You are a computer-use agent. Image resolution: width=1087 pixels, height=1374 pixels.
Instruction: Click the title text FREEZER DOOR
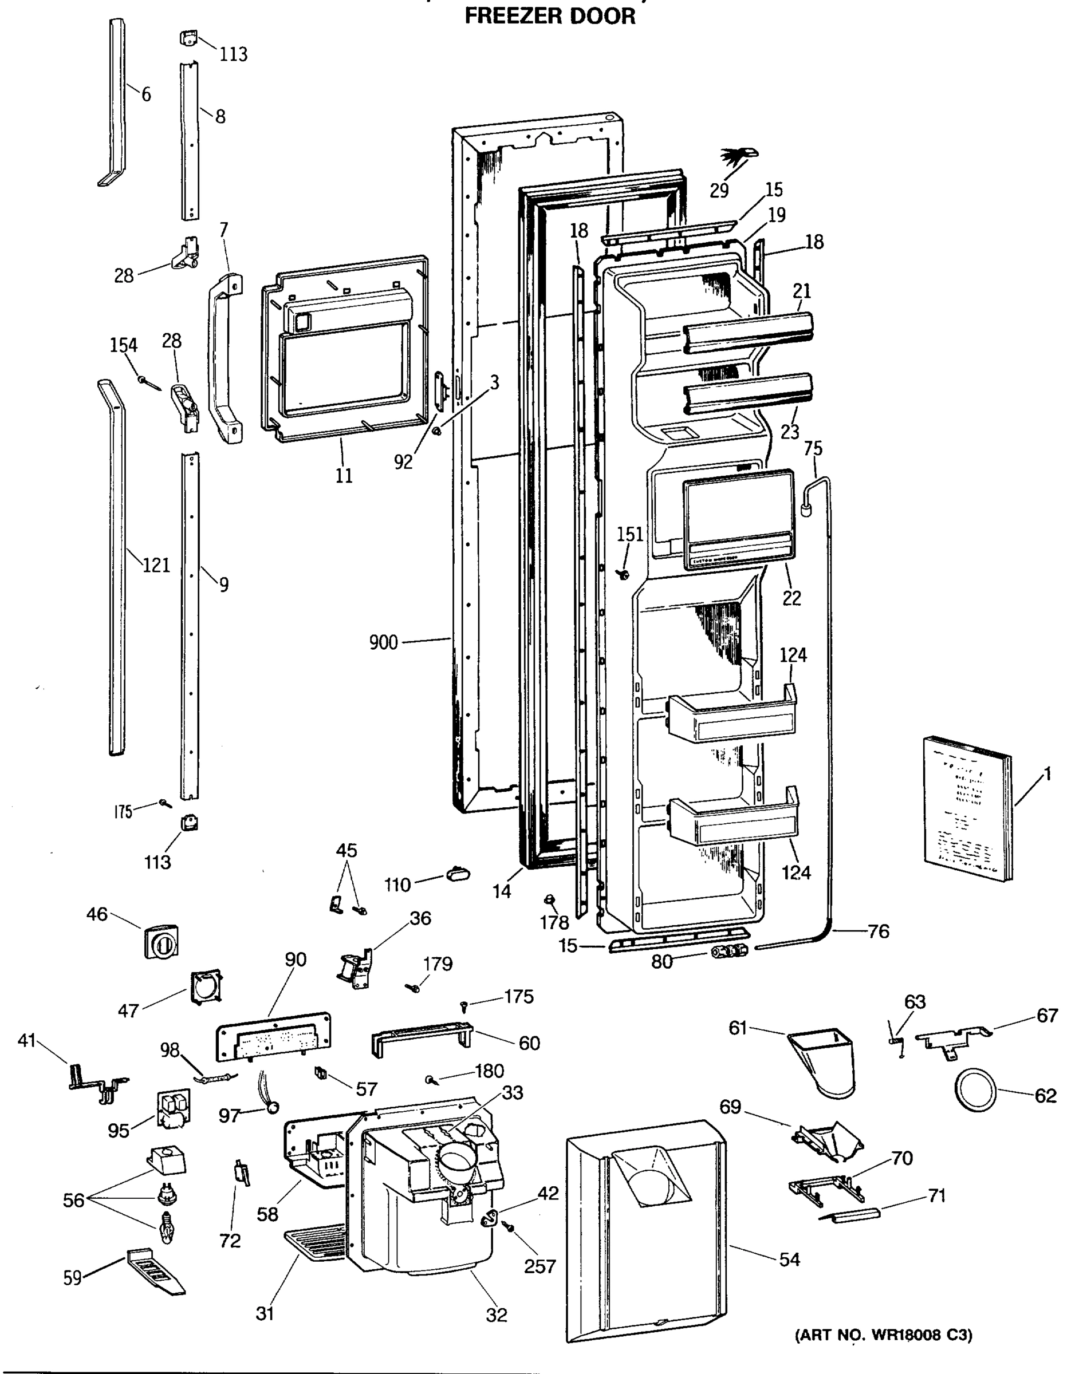point(550,16)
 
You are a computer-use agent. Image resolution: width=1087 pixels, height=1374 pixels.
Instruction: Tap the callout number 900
point(383,642)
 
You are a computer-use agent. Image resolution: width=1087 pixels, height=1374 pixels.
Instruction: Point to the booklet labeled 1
point(966,808)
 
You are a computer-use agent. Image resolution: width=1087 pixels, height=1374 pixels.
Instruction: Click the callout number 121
point(156,565)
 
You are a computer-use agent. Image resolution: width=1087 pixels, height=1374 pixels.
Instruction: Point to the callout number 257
point(539,1266)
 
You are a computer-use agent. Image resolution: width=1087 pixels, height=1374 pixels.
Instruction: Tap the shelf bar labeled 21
point(748,331)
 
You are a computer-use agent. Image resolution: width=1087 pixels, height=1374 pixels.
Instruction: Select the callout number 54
point(789,1259)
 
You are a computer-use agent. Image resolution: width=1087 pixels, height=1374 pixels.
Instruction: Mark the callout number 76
point(879,932)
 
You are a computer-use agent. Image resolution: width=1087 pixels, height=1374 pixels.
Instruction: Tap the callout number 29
point(719,190)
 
